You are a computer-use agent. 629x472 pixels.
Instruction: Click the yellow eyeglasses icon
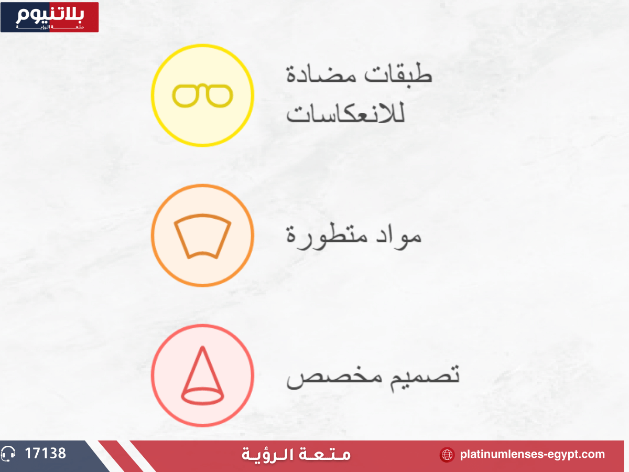coord(202,96)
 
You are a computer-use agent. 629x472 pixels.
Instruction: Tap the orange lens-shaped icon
coord(202,236)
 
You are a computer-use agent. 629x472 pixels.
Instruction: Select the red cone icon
coord(202,376)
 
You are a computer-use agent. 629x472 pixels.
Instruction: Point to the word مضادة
coord(321,74)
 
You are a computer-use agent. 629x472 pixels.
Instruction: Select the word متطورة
coord(327,236)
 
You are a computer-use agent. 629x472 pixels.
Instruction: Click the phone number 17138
coord(45,453)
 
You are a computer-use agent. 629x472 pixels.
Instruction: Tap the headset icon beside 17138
coord(8,454)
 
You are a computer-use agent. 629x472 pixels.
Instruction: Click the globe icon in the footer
coord(447,455)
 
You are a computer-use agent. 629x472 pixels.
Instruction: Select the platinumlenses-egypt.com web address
coord(533,454)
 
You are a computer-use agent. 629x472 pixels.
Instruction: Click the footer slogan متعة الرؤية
coord(296,454)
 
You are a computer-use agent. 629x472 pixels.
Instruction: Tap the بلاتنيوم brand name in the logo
coord(50,15)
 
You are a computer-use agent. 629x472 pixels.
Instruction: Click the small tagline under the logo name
coord(50,27)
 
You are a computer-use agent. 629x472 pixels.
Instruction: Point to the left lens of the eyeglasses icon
coord(185,96)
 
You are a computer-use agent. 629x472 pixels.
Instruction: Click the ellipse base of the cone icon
coord(202,396)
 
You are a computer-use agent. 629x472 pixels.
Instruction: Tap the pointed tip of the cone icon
coord(203,347)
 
